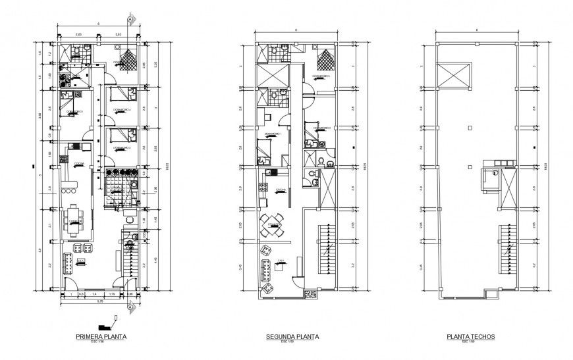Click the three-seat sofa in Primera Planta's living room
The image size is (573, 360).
[x=67, y=263]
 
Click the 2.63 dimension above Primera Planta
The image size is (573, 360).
[x=119, y=33]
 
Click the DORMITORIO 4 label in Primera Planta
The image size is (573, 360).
[x=121, y=109]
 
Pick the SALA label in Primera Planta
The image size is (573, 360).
[x=80, y=261]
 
